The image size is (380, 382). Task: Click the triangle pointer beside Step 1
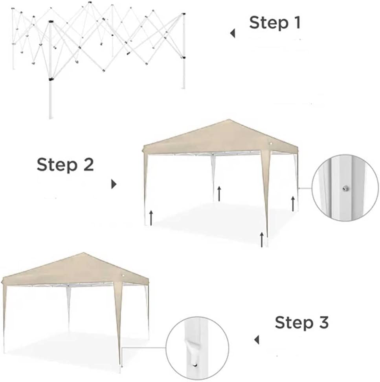tap(233, 33)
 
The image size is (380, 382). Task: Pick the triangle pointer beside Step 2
tap(114, 184)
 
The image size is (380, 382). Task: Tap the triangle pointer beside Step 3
tap(257, 340)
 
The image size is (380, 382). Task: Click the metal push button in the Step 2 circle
tap(345, 188)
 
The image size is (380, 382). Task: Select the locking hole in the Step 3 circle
tap(195, 365)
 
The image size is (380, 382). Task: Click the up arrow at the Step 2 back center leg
tap(219, 194)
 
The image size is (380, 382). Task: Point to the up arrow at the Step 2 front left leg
tap(151, 218)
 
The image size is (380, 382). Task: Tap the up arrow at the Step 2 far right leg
tap(293, 204)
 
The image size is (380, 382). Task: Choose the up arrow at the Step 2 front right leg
tap(262, 240)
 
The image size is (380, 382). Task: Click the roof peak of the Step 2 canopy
tap(229, 119)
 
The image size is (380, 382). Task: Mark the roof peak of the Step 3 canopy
tap(84, 253)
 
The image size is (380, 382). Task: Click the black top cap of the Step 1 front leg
tap(51, 21)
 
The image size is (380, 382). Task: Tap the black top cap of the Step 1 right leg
tap(184, 14)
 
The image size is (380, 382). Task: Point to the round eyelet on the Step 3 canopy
tap(123, 275)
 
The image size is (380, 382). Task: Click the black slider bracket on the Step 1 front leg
tap(51, 79)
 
